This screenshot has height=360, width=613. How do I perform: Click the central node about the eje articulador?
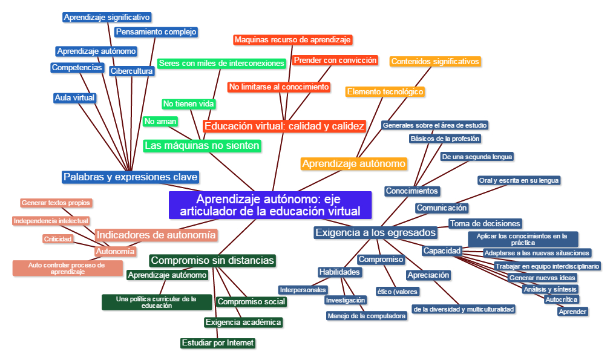(x=270, y=205)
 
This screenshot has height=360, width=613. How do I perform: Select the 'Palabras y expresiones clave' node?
(x=130, y=177)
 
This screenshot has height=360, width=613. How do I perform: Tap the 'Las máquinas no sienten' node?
(x=202, y=146)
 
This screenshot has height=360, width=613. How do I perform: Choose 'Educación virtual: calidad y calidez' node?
(x=284, y=126)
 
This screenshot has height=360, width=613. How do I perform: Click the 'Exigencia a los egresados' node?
(x=375, y=232)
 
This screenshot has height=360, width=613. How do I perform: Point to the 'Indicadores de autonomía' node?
(x=156, y=235)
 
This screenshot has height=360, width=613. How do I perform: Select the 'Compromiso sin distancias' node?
(x=212, y=261)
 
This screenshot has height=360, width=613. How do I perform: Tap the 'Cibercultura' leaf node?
(x=132, y=71)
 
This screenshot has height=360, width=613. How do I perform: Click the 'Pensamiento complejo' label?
(x=156, y=31)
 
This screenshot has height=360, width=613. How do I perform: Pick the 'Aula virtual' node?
(x=75, y=97)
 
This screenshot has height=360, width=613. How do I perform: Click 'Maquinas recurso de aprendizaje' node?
(x=292, y=40)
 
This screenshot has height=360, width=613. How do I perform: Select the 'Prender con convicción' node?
(x=335, y=61)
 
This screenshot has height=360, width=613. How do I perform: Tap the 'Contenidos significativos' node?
(x=436, y=61)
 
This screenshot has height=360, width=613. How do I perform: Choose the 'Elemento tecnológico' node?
(x=385, y=92)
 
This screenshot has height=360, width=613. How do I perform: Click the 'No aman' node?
(x=160, y=122)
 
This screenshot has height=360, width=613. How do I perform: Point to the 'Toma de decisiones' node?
(x=485, y=223)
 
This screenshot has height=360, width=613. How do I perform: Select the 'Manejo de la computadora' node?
(x=366, y=316)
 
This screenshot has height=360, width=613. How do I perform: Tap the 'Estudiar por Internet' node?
(x=218, y=343)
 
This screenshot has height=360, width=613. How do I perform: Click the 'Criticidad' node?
(x=58, y=239)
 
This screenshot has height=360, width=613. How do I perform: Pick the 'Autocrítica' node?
(x=562, y=299)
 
